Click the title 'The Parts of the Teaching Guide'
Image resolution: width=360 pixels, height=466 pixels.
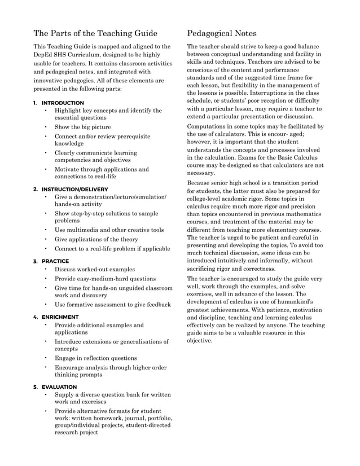tap(95, 33)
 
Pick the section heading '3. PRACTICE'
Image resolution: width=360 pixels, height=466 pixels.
tap(51, 261)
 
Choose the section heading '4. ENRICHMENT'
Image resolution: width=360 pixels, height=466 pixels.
tap(55, 317)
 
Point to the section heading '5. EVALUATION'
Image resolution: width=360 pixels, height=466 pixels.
tap(55, 387)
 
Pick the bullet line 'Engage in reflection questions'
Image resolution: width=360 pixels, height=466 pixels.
tap(95, 358)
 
